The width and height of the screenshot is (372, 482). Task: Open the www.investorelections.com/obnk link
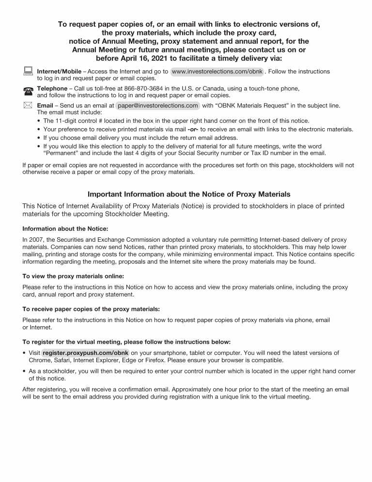pyautogui.click(x=217, y=71)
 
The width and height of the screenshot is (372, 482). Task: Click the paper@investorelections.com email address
pyautogui.click(x=158, y=105)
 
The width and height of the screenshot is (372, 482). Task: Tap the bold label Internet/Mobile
pyautogui.click(x=59, y=71)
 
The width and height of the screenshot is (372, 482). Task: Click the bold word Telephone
pyautogui.click(x=52, y=88)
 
